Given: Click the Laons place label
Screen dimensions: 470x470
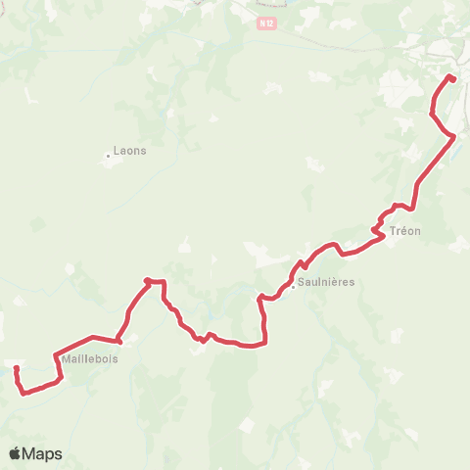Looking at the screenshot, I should [129, 152].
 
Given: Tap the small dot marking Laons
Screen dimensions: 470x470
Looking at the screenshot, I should [109, 155].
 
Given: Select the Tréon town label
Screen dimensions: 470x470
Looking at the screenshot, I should [404, 231].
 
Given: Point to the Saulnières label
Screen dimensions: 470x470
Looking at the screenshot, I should [328, 282].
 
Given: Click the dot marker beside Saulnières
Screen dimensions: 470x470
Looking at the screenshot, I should [293, 287].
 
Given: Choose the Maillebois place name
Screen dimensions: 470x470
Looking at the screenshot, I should [89, 358].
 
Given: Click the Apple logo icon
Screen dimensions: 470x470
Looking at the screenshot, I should [15, 453].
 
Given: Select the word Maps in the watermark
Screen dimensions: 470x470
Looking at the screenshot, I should [43, 453].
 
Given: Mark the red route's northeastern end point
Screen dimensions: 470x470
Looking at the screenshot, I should [451, 77].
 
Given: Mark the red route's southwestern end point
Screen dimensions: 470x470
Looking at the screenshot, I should [17, 368].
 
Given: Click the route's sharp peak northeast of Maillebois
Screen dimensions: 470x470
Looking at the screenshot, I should [147, 281].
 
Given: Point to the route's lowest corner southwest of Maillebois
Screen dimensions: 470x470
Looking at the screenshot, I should [23, 394].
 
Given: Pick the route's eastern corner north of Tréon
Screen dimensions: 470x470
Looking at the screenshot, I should [452, 136].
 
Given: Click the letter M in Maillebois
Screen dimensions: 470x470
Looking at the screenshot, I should [66, 358].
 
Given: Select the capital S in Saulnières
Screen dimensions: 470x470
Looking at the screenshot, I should [305, 282].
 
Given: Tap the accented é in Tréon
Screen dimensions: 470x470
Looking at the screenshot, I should [403, 231].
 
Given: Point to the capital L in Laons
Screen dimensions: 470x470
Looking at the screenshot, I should [117, 152].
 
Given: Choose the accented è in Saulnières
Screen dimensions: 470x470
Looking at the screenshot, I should [339, 282].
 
